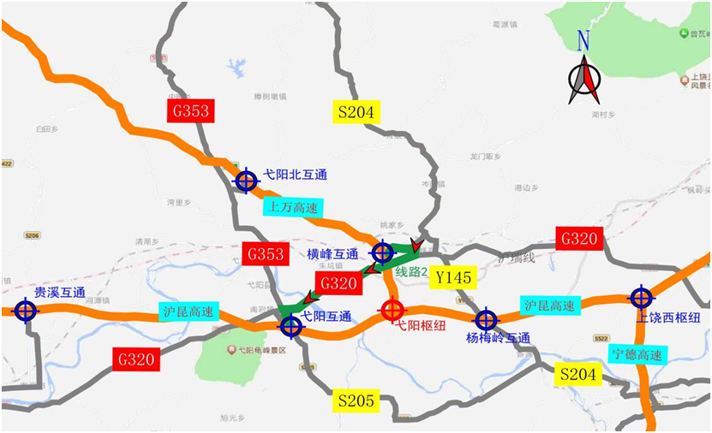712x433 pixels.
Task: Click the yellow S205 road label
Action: (x=356, y=400)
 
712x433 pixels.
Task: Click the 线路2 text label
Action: (x=411, y=272)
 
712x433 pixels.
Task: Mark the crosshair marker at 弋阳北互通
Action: (x=246, y=181)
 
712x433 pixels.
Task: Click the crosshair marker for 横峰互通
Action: (x=382, y=252)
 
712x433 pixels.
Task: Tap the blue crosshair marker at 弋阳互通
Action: (x=291, y=325)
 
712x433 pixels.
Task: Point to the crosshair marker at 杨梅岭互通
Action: (x=487, y=320)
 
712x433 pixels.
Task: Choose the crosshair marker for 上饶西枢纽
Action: (x=641, y=297)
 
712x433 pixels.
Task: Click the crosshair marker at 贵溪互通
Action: (x=26, y=310)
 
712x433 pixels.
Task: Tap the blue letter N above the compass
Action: (x=583, y=40)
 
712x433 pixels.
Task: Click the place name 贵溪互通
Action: (x=59, y=293)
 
